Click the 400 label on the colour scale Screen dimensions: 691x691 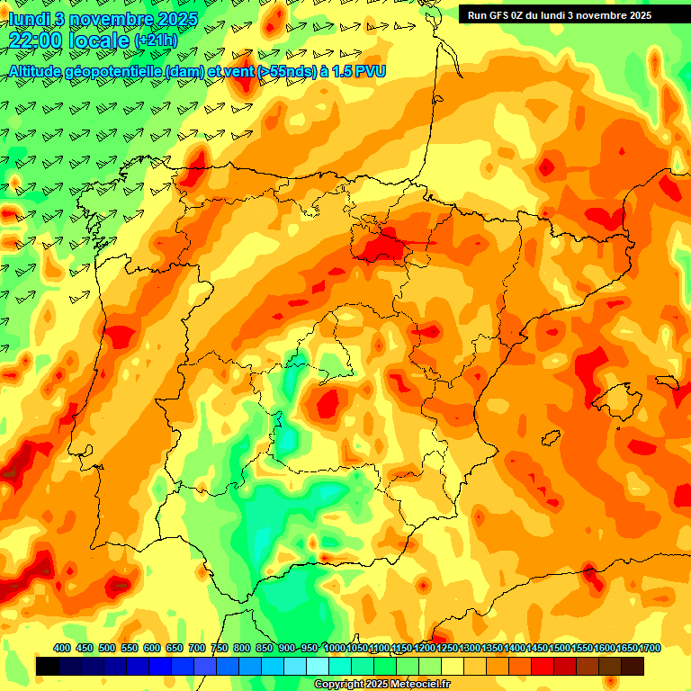(x=62, y=649)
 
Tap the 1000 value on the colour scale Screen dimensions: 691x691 (x=334, y=649)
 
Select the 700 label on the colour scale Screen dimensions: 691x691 (x=197, y=649)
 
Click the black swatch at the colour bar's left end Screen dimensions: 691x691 (x=47, y=666)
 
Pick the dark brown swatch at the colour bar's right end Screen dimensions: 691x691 (x=633, y=666)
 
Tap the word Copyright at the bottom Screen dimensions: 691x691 (x=338, y=685)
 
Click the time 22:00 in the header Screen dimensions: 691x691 (x=35, y=40)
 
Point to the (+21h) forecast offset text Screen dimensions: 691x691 (x=156, y=40)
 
